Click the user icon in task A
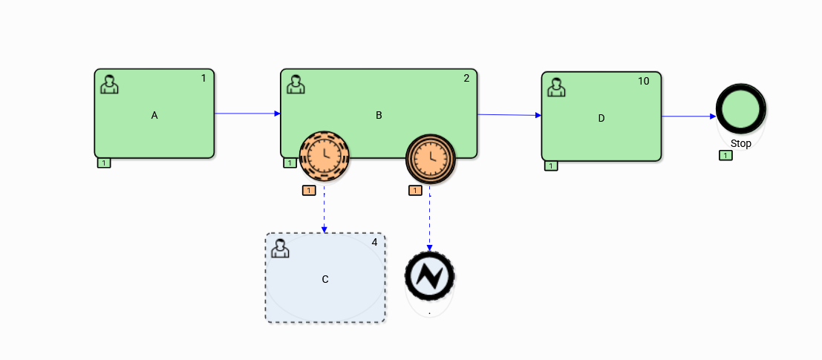(109, 84)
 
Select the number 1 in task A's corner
(203, 78)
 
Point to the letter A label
(154, 115)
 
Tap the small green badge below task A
(104, 163)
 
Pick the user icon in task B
(296, 84)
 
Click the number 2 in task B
(466, 78)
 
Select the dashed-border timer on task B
(324, 156)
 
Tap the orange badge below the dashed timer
(309, 191)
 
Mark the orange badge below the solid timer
(415, 191)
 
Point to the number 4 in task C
(374, 242)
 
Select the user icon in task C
(280, 248)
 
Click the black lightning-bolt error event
(430, 276)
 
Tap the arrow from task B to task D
(509, 115)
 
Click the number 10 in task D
(643, 81)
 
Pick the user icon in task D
(556, 88)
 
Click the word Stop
(740, 143)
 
